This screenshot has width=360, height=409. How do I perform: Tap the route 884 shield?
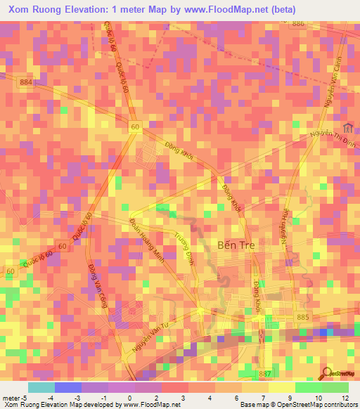point(27,82)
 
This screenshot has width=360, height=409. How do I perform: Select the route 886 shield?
point(299,23)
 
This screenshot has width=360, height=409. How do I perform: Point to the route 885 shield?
point(302,317)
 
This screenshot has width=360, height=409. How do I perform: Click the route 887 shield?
point(265,372)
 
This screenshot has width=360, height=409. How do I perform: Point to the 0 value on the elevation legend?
point(131,398)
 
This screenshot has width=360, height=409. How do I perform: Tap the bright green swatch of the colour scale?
point(308,387)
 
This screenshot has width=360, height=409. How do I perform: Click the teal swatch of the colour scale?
point(41,387)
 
